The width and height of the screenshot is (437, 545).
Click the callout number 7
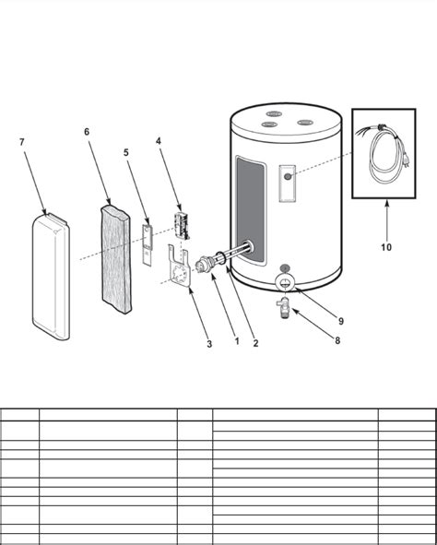pyautogui.click(x=21, y=143)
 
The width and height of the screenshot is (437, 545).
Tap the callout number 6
pyautogui.click(x=87, y=132)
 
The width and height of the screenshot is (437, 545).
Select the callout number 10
pyautogui.click(x=385, y=247)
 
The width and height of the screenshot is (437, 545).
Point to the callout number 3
pyautogui.click(x=209, y=344)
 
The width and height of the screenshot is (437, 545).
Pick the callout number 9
pyautogui.click(x=340, y=321)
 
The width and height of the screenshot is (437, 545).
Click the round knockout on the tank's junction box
pyautogui.click(x=288, y=174)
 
